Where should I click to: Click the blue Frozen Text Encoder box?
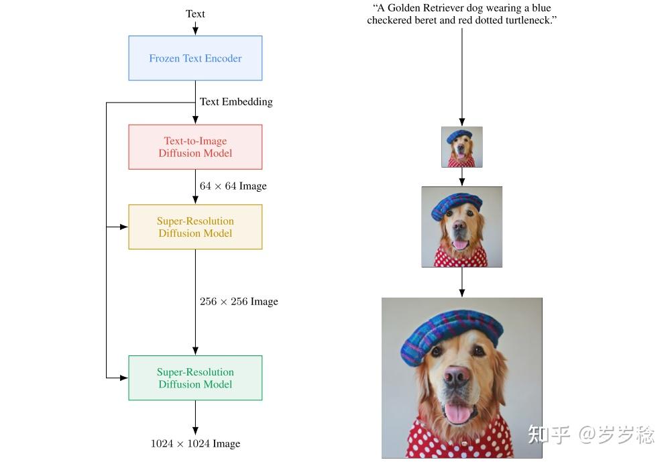[x=195, y=58]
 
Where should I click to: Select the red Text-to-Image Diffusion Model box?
[x=195, y=147]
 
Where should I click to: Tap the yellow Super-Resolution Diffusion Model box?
[x=195, y=227]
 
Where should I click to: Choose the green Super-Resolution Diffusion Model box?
[x=195, y=378]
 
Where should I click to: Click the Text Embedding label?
[x=236, y=102]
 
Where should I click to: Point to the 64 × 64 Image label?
[x=233, y=186]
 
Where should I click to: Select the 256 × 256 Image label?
[x=239, y=302]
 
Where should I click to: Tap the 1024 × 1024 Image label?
[x=195, y=443]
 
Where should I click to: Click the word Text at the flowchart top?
[x=195, y=13]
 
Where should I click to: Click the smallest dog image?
[x=461, y=147]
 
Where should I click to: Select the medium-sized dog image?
[x=461, y=227]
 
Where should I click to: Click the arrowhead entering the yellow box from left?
[x=124, y=227]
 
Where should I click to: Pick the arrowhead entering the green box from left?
[x=124, y=378]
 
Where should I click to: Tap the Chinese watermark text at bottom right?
[x=590, y=435]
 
